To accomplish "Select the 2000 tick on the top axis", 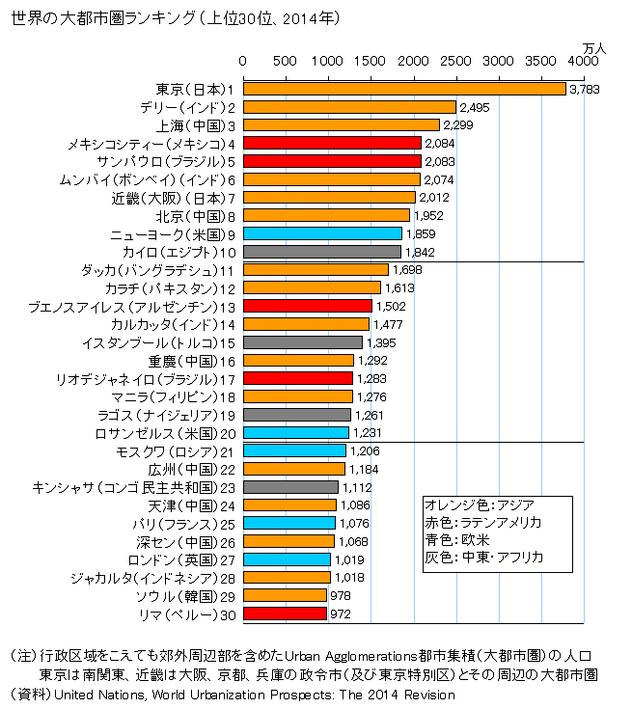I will pos(413,61).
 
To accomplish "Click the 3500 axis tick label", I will pos(541,61).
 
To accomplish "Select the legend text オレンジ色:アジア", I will pos(480,504).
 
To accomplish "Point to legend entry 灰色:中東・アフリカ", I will pos(484,558).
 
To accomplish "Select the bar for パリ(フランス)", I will pos(289,523).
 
